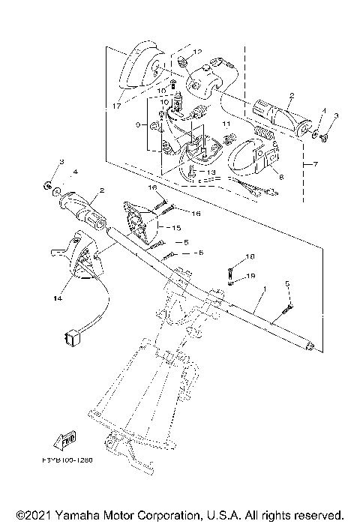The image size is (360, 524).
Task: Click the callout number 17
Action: pos(116,106)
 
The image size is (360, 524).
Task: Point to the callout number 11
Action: pos(225,123)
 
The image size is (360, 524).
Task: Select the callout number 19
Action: pos(252,275)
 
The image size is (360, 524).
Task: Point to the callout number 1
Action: pos(263,289)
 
